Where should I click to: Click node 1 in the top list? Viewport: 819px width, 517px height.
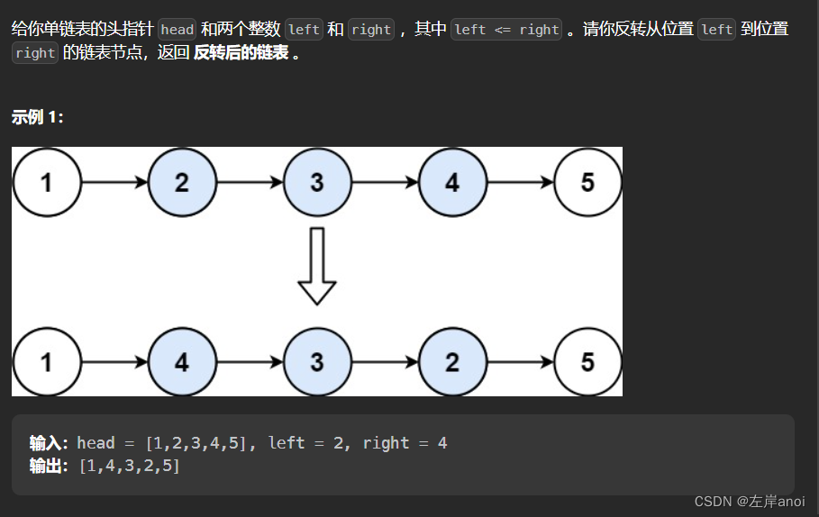pyautogui.click(x=47, y=182)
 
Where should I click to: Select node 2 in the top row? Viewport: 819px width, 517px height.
pyautogui.click(x=182, y=182)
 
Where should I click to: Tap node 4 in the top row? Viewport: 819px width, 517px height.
pyautogui.click(x=452, y=182)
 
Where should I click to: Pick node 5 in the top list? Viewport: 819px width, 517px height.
pyautogui.click(x=587, y=182)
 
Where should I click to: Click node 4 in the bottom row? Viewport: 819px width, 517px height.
pyautogui.click(x=182, y=362)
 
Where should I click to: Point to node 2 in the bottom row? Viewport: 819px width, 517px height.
pyautogui.click(x=452, y=362)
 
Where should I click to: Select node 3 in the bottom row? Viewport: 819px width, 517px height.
pyautogui.click(x=317, y=362)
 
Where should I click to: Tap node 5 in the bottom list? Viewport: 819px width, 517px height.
pyautogui.click(x=587, y=362)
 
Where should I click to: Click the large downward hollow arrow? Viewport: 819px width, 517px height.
pyautogui.click(x=317, y=267)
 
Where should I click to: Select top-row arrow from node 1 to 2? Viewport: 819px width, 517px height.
pyautogui.click(x=114, y=182)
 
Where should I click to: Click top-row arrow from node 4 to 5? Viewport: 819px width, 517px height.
pyautogui.click(x=520, y=182)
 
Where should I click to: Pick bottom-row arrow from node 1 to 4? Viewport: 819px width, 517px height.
pyautogui.click(x=114, y=362)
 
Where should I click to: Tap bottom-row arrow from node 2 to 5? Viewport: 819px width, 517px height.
pyautogui.click(x=520, y=362)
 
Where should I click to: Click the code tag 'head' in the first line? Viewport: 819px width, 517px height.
pyautogui.click(x=177, y=29)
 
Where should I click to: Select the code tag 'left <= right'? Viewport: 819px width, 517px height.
pyautogui.click(x=506, y=29)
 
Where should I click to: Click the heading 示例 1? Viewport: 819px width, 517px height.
pyautogui.click(x=38, y=117)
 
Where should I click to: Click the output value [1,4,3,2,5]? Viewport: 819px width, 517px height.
pyautogui.click(x=130, y=466)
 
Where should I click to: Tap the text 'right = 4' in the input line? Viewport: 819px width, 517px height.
pyautogui.click(x=405, y=442)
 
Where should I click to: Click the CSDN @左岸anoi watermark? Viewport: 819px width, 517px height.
pyautogui.click(x=750, y=501)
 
